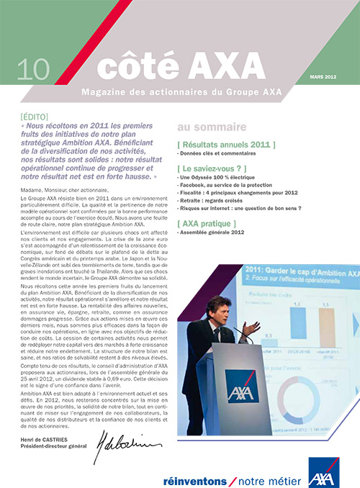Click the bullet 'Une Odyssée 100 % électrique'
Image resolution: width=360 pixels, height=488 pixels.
pyautogui.click(x=215, y=177)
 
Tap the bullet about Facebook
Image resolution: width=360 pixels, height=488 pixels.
pyautogui.click(x=228, y=185)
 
